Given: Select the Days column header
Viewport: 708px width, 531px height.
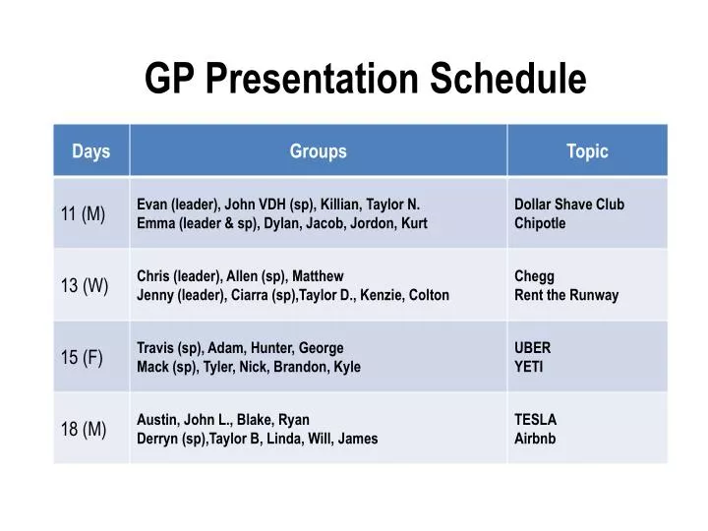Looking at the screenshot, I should click(x=90, y=151).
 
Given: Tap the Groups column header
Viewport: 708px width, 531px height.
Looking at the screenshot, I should click(x=318, y=151).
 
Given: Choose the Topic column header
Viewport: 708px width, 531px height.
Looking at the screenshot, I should click(x=587, y=151).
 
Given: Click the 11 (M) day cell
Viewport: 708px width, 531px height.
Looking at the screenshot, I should click(x=84, y=213).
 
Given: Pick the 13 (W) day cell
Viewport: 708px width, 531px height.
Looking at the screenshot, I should click(x=84, y=285).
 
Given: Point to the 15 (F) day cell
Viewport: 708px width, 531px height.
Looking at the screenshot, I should click(x=82, y=357).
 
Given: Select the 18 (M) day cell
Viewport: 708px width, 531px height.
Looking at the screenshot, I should click(x=84, y=429).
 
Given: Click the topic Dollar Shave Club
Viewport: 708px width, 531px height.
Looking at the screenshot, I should click(x=569, y=205).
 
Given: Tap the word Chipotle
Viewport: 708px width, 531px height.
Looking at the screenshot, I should click(x=541, y=223).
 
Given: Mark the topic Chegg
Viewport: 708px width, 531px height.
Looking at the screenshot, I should click(x=535, y=276).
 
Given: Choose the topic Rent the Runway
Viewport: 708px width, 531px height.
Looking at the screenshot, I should click(x=567, y=295).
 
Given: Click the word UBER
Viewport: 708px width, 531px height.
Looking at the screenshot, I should click(x=533, y=348).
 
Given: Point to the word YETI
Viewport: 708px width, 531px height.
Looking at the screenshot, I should click(x=529, y=367).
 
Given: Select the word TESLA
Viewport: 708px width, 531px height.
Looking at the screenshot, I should click(x=536, y=420).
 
